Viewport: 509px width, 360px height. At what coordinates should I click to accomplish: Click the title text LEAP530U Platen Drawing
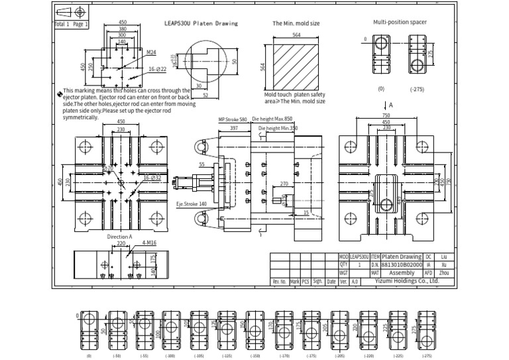[201, 23]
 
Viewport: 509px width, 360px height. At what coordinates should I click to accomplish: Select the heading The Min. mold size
[296, 23]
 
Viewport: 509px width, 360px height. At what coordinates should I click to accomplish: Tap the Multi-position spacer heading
[400, 22]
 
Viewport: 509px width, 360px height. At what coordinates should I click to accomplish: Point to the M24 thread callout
[151, 52]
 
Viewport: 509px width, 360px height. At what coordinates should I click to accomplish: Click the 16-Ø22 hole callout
[156, 69]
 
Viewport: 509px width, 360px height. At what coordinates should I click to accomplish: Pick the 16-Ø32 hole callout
[152, 178]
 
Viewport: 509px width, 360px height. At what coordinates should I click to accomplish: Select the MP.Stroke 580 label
[233, 120]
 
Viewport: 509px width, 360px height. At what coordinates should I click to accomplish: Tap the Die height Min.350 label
[278, 128]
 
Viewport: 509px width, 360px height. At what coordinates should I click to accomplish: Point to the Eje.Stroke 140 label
[192, 204]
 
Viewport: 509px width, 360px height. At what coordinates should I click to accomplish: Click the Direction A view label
[120, 236]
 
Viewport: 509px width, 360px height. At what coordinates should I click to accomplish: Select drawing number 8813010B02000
[402, 264]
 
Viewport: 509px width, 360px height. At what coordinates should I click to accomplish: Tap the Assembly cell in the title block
[402, 272]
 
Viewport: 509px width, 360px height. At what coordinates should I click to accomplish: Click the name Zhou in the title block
[445, 272]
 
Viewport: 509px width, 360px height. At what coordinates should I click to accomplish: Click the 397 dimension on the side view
[234, 128]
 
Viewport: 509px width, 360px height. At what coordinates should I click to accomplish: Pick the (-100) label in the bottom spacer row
[170, 356]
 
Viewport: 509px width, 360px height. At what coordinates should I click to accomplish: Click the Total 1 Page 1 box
[70, 24]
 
